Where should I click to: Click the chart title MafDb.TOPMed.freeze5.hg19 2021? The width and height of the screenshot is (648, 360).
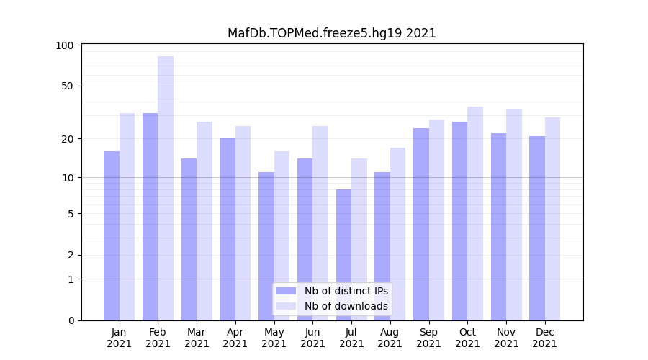[x=331, y=33]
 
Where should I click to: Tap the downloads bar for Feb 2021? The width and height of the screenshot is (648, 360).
[x=166, y=188]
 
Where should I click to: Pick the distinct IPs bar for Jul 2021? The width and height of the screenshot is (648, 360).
[x=343, y=255]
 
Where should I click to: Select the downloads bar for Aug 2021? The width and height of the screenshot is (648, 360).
[x=398, y=234]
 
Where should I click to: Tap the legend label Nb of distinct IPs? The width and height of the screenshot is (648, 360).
[x=346, y=291]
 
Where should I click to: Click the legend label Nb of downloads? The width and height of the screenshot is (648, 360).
[x=346, y=306]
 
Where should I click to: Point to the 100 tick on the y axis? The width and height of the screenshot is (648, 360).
[x=65, y=45]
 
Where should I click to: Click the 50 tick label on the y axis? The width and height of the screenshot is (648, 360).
[x=68, y=86]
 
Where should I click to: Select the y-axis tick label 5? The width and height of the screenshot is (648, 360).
[x=71, y=213]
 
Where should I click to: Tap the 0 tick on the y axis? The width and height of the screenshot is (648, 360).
[x=71, y=320]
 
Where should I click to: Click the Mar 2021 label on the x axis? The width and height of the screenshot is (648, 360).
[x=197, y=338]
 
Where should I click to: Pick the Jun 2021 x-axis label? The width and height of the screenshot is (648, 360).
[x=312, y=338]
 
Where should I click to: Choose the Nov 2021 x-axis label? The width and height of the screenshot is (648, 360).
[x=506, y=338]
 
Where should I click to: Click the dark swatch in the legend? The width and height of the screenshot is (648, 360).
[x=286, y=291]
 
